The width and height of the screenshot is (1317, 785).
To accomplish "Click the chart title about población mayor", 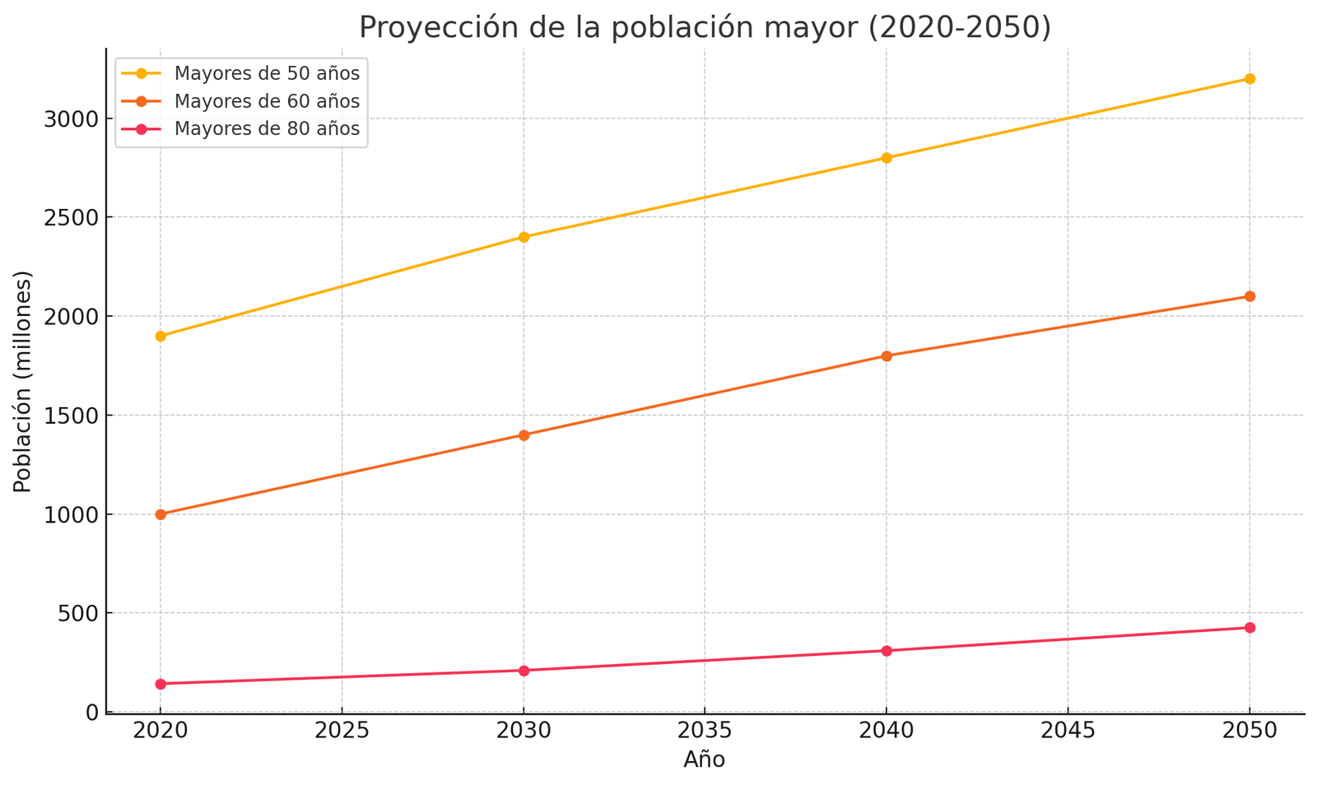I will point(705,28).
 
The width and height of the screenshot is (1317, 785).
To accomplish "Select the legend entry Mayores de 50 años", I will point(267,73).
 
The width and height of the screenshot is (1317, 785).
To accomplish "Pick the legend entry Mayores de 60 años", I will point(267,101).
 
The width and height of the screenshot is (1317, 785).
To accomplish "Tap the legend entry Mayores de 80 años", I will point(267,129).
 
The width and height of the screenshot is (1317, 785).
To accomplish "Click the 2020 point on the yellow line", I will point(161,336).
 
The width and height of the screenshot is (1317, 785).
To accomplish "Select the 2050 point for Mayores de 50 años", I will point(1250,79).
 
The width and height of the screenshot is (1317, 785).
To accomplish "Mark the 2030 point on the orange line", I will point(524,435).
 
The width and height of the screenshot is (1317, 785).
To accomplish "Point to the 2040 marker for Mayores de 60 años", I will point(887,356).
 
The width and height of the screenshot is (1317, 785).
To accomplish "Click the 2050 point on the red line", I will point(1250,628).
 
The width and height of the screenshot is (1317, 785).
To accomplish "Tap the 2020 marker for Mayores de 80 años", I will point(161,684).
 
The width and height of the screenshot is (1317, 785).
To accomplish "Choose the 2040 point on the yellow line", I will point(887,158).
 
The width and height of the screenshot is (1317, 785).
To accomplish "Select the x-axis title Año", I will point(705,760).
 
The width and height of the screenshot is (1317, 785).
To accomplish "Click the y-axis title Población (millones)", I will point(23,382).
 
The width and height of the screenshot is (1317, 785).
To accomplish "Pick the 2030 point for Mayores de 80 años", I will point(524,671).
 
